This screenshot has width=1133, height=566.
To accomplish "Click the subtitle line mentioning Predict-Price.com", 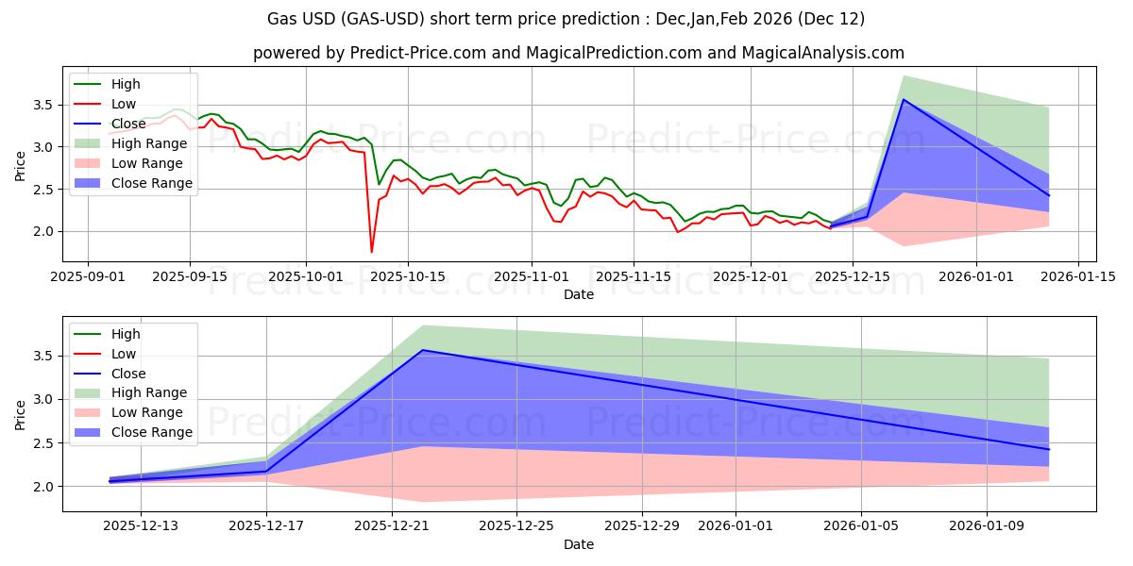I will tap(578, 53).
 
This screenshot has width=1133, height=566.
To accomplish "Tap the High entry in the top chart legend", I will tap(125, 84).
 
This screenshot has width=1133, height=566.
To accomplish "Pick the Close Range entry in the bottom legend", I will tap(152, 432).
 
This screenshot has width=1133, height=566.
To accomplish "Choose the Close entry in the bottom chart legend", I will tap(128, 374).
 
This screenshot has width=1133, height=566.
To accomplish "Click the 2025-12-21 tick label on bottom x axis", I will tap(392, 526).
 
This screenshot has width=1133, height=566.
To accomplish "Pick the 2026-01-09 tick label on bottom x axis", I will tap(987, 526).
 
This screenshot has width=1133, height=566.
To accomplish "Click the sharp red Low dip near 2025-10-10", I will tap(371, 252).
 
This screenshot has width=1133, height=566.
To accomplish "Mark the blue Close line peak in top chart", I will tap(904, 99).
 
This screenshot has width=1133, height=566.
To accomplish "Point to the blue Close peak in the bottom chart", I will tap(422, 350).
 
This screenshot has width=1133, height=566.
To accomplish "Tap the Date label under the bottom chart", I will tap(578, 544).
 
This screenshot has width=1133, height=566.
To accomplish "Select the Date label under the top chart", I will tap(578, 294).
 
